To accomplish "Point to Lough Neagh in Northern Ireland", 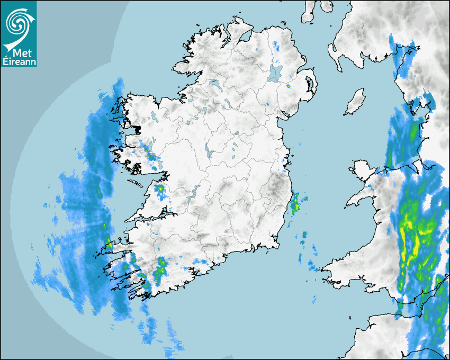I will [275, 73].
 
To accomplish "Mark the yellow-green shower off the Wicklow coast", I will [295, 202].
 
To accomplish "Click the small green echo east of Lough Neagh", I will [289, 85].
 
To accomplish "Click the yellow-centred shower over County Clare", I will [159, 188].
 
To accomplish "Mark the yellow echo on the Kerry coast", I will [109, 244].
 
